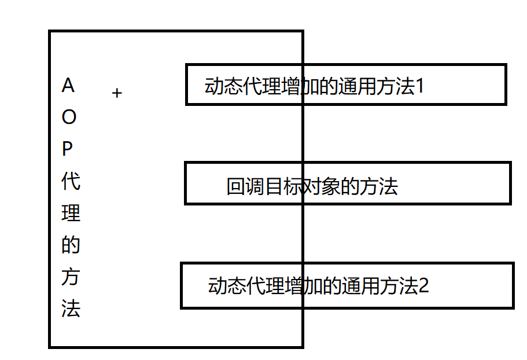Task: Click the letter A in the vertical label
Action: click(x=68, y=86)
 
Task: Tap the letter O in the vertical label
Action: click(x=69, y=118)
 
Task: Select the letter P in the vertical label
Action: click(x=68, y=150)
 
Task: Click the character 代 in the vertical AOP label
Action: click(x=71, y=182)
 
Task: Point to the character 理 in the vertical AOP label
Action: click(x=71, y=214)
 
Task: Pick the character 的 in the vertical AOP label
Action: click(x=71, y=245)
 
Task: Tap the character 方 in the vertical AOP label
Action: click(x=71, y=277)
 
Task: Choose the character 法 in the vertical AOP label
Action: click(x=71, y=309)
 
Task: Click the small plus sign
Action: click(x=117, y=93)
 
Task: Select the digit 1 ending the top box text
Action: click(x=421, y=87)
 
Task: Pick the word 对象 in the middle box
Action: click(x=320, y=187)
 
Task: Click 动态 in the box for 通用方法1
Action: click(x=224, y=87)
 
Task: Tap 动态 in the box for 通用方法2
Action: click(x=227, y=286)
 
